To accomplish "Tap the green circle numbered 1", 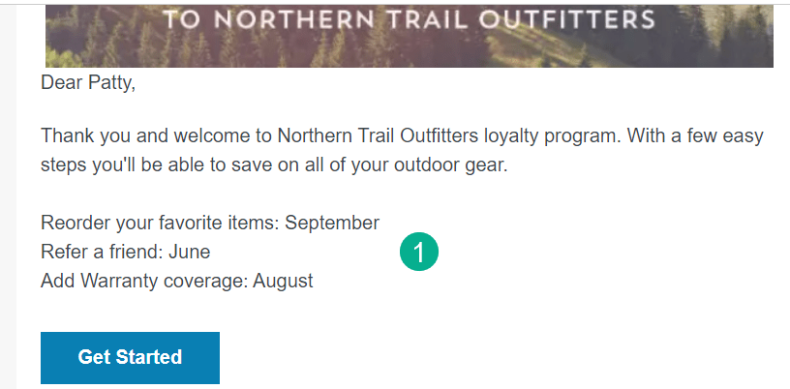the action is coord(419,252).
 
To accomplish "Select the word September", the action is coord(332,223).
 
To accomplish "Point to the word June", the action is coord(189,252).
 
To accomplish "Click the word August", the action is coord(283,281).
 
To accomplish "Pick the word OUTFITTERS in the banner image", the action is coord(566,20).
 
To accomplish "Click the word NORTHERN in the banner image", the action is coord(297,20).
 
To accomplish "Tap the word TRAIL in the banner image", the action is coord(427,20).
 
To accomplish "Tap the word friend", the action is coord(137,252).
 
